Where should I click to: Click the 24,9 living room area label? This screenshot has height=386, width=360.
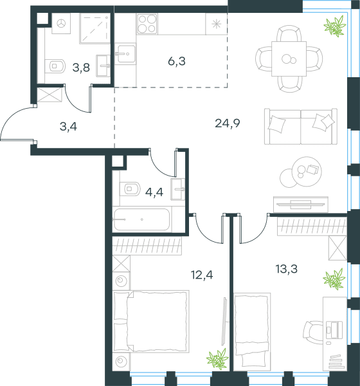click(228, 124)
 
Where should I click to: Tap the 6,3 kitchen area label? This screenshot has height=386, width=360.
click(177, 61)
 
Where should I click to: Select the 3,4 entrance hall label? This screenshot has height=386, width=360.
click(68, 127)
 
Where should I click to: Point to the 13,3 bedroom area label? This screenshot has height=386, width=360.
click(287, 269)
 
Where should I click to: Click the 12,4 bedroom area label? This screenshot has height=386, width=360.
click(202, 275)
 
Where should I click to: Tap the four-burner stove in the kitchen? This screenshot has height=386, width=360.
click(147, 24)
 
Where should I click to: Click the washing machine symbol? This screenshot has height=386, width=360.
click(61, 24)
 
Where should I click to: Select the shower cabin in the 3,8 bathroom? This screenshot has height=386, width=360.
click(94, 28)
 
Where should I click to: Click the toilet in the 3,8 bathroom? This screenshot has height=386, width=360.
click(55, 66)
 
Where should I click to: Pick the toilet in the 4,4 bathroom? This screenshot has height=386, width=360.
click(130, 189)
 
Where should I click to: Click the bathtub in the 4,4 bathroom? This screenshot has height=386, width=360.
click(141, 219)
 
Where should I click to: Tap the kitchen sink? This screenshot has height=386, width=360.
click(125, 53)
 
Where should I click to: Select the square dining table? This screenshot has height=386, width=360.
click(289, 59)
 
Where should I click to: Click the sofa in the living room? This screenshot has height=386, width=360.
click(301, 126)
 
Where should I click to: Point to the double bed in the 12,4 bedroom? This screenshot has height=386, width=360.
click(151, 322)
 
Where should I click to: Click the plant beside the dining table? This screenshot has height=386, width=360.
click(335, 26)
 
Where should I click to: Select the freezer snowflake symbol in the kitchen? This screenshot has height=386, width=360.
click(216, 24)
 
